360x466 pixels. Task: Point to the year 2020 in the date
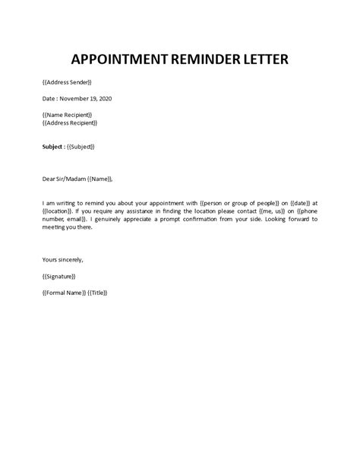tap(112, 98)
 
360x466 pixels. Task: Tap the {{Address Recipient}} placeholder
tap(70, 122)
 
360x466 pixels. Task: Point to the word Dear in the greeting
tap(49, 179)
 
